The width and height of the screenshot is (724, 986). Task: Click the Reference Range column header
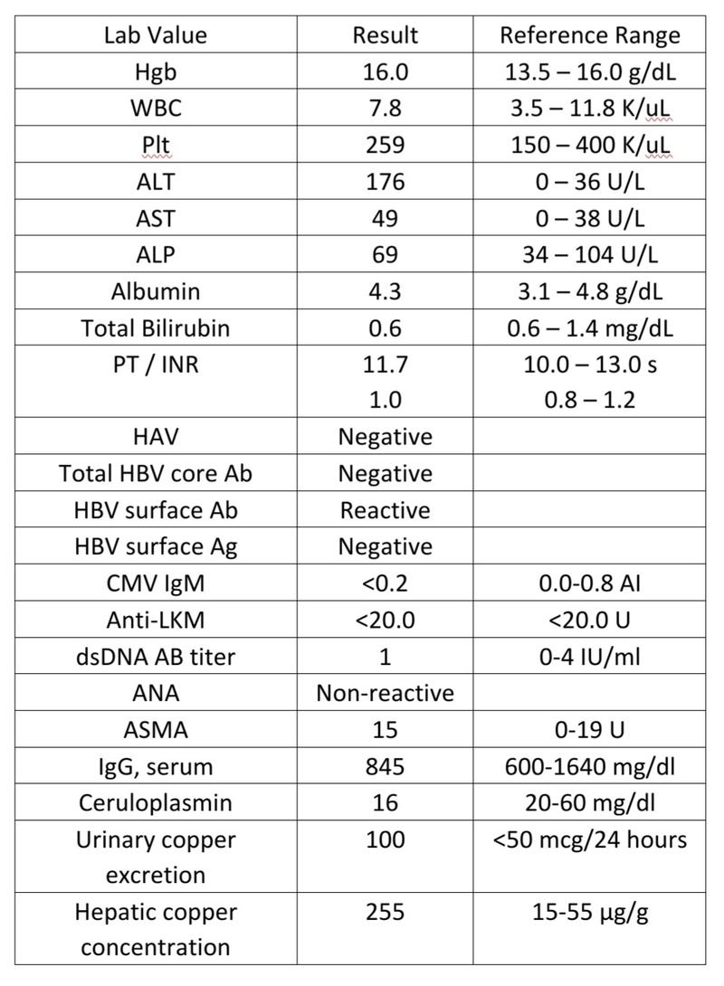(590, 35)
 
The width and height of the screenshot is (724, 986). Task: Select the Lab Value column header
(156, 35)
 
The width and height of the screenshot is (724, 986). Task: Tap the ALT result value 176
(385, 182)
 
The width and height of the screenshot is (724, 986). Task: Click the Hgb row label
(156, 72)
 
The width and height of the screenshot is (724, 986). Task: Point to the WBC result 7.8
(385, 109)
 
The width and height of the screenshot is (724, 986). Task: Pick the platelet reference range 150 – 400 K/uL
(590, 146)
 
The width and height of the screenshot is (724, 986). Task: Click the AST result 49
(385, 218)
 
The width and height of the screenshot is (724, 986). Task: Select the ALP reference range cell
(590, 254)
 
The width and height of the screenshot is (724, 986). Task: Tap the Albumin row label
(156, 291)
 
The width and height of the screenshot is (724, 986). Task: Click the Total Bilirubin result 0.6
(385, 327)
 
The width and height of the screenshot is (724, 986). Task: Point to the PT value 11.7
(385, 364)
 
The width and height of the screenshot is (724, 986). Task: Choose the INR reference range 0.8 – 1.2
(590, 400)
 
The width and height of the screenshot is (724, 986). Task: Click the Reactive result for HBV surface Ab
(385, 510)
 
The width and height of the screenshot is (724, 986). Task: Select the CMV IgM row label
(156, 583)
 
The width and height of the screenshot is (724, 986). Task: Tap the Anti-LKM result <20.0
(385, 620)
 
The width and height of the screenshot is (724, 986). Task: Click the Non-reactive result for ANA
(385, 693)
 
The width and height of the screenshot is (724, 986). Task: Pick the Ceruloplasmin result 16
(385, 802)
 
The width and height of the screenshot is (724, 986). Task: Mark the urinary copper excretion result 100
(385, 839)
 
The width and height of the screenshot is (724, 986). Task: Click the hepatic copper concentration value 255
(385, 912)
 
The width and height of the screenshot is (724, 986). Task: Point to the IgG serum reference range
(590, 766)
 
